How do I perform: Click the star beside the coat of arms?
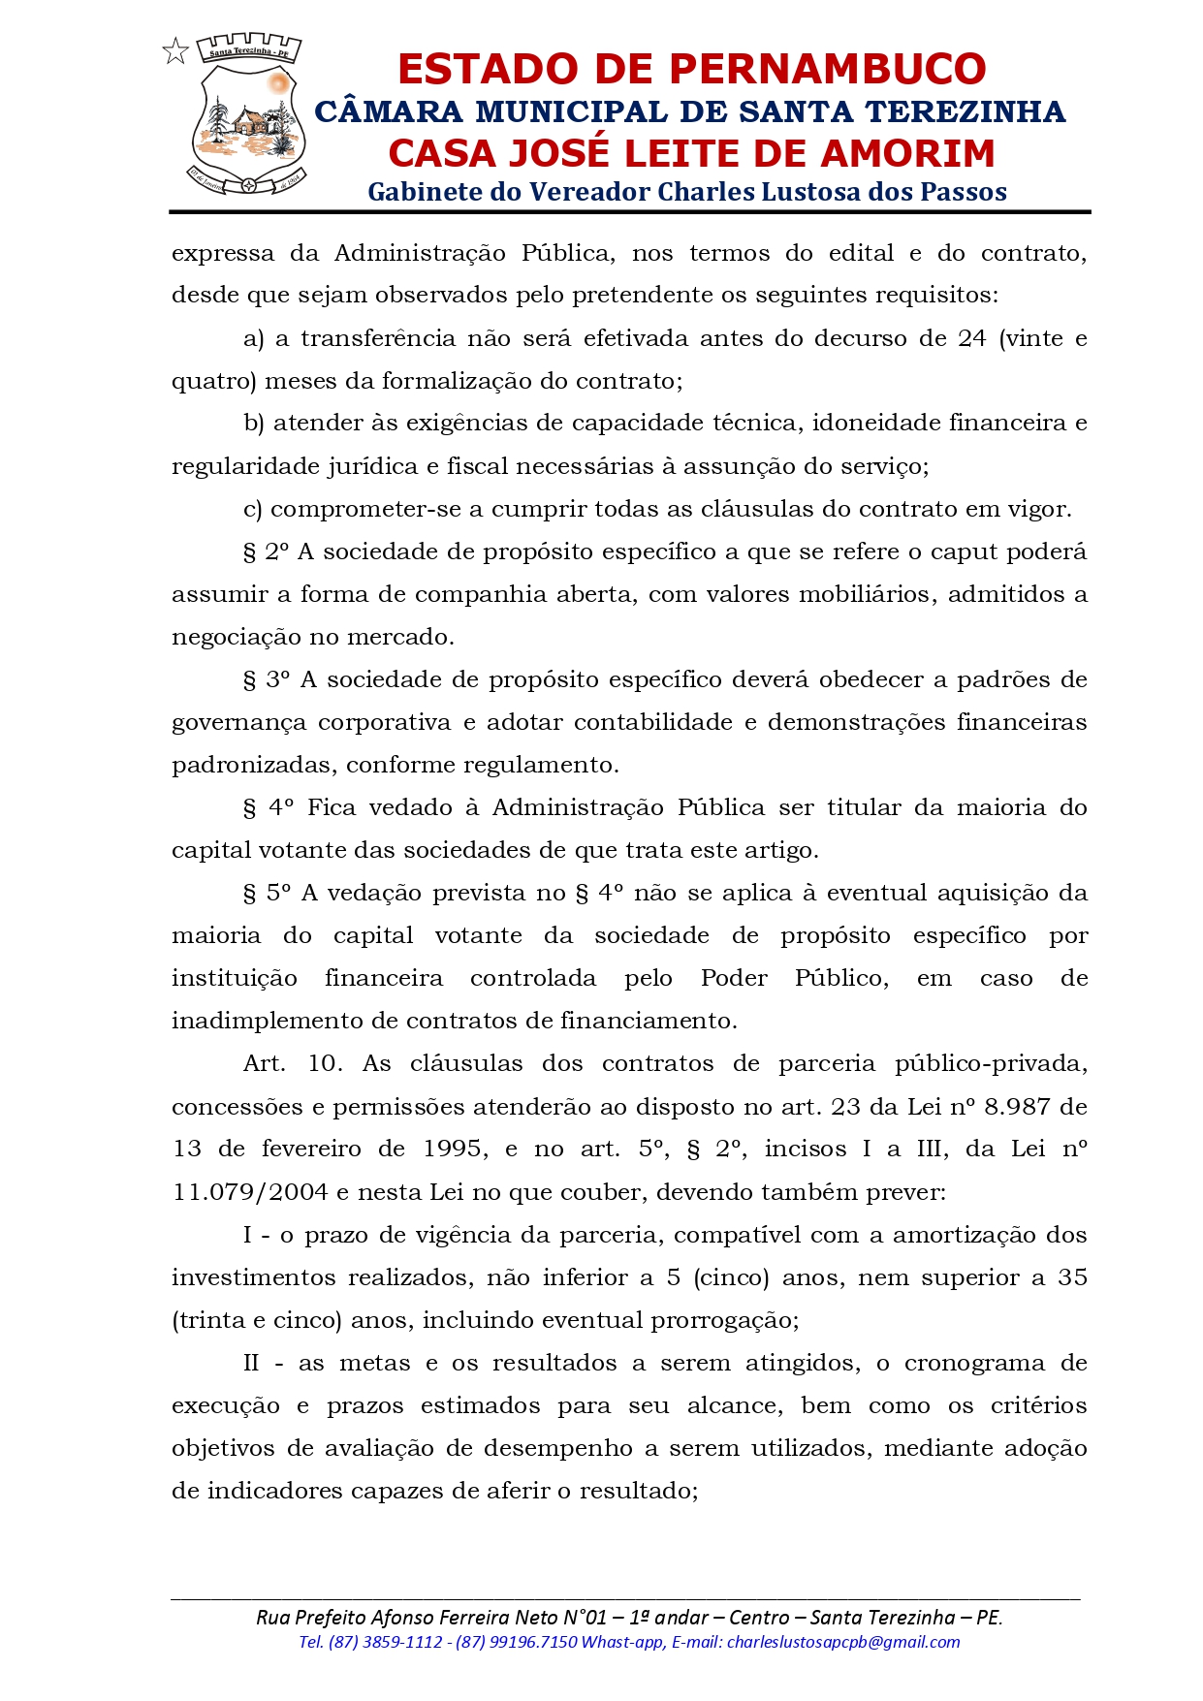(175, 51)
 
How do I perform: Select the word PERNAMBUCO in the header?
(828, 69)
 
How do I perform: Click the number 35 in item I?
(1072, 1276)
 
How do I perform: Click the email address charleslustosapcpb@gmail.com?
(842, 1642)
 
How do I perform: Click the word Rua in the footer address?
(271, 1617)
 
